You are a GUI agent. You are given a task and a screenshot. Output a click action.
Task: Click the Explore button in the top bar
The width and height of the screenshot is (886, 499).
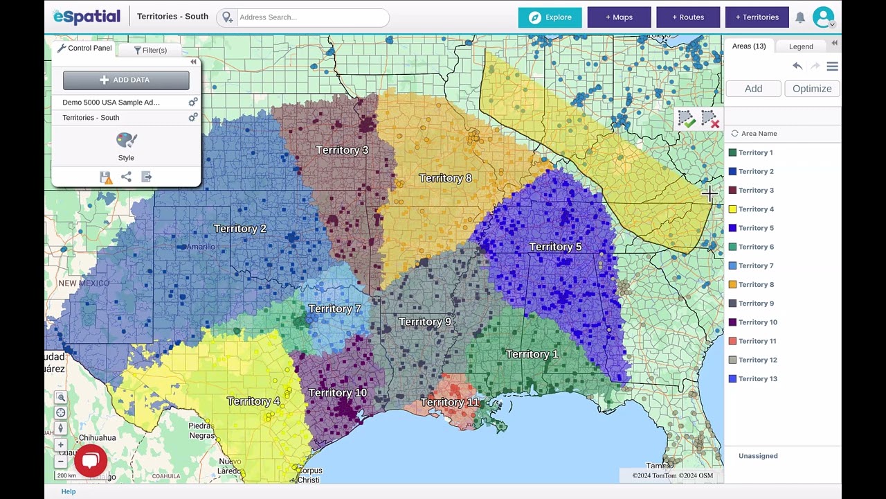550,17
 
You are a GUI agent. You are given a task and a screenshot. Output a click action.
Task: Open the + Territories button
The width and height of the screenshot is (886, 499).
757,17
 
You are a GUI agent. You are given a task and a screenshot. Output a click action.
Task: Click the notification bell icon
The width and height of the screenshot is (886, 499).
800,17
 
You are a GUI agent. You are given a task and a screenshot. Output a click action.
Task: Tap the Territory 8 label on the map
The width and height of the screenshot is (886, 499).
445,178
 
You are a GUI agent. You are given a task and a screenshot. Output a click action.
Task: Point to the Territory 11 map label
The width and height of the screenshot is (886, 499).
450,402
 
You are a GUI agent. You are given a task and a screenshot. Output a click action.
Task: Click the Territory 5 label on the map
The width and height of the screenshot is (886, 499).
555,247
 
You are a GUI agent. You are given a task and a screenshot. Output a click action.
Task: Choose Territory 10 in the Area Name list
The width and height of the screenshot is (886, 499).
757,322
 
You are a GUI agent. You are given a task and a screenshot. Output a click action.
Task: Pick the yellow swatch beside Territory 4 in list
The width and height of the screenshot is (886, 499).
732,209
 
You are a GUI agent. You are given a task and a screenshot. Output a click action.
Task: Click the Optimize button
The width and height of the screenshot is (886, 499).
812,89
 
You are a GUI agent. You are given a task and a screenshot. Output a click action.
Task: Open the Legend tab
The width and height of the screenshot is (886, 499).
801,46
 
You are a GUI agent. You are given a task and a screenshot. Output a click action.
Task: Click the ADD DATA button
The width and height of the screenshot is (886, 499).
126,80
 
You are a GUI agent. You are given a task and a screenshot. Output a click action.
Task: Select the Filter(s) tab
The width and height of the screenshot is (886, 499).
150,50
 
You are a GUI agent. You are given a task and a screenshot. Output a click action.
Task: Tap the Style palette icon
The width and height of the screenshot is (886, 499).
126,141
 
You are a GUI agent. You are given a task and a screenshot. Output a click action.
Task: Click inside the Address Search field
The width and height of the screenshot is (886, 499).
311,17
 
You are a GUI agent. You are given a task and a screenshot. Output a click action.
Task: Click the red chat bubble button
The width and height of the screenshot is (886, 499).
90,461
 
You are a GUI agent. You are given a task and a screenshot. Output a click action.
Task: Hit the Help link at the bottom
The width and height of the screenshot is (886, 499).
69,491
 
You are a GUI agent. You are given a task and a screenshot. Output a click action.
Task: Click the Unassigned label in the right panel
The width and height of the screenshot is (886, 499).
758,456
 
